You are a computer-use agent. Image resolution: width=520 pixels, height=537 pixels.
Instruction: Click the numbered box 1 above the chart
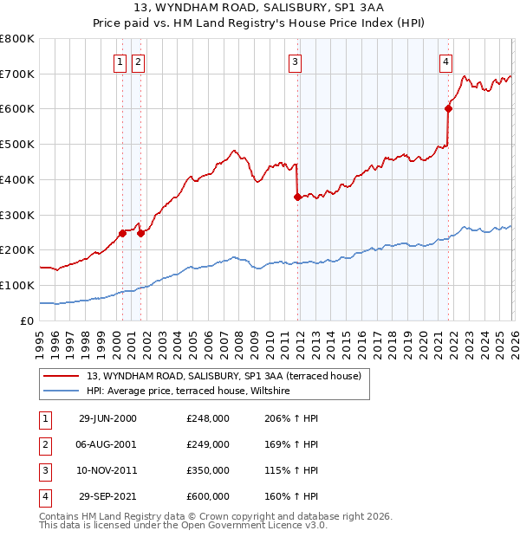121,61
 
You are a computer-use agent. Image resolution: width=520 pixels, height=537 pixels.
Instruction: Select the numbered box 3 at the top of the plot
296,61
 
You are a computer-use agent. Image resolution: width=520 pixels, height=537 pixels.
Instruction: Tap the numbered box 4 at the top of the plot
445,61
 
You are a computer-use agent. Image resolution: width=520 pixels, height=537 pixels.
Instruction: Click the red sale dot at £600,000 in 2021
449,108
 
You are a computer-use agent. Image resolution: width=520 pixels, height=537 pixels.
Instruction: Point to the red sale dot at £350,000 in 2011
297,197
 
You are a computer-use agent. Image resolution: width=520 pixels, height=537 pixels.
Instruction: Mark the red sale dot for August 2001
140,232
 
